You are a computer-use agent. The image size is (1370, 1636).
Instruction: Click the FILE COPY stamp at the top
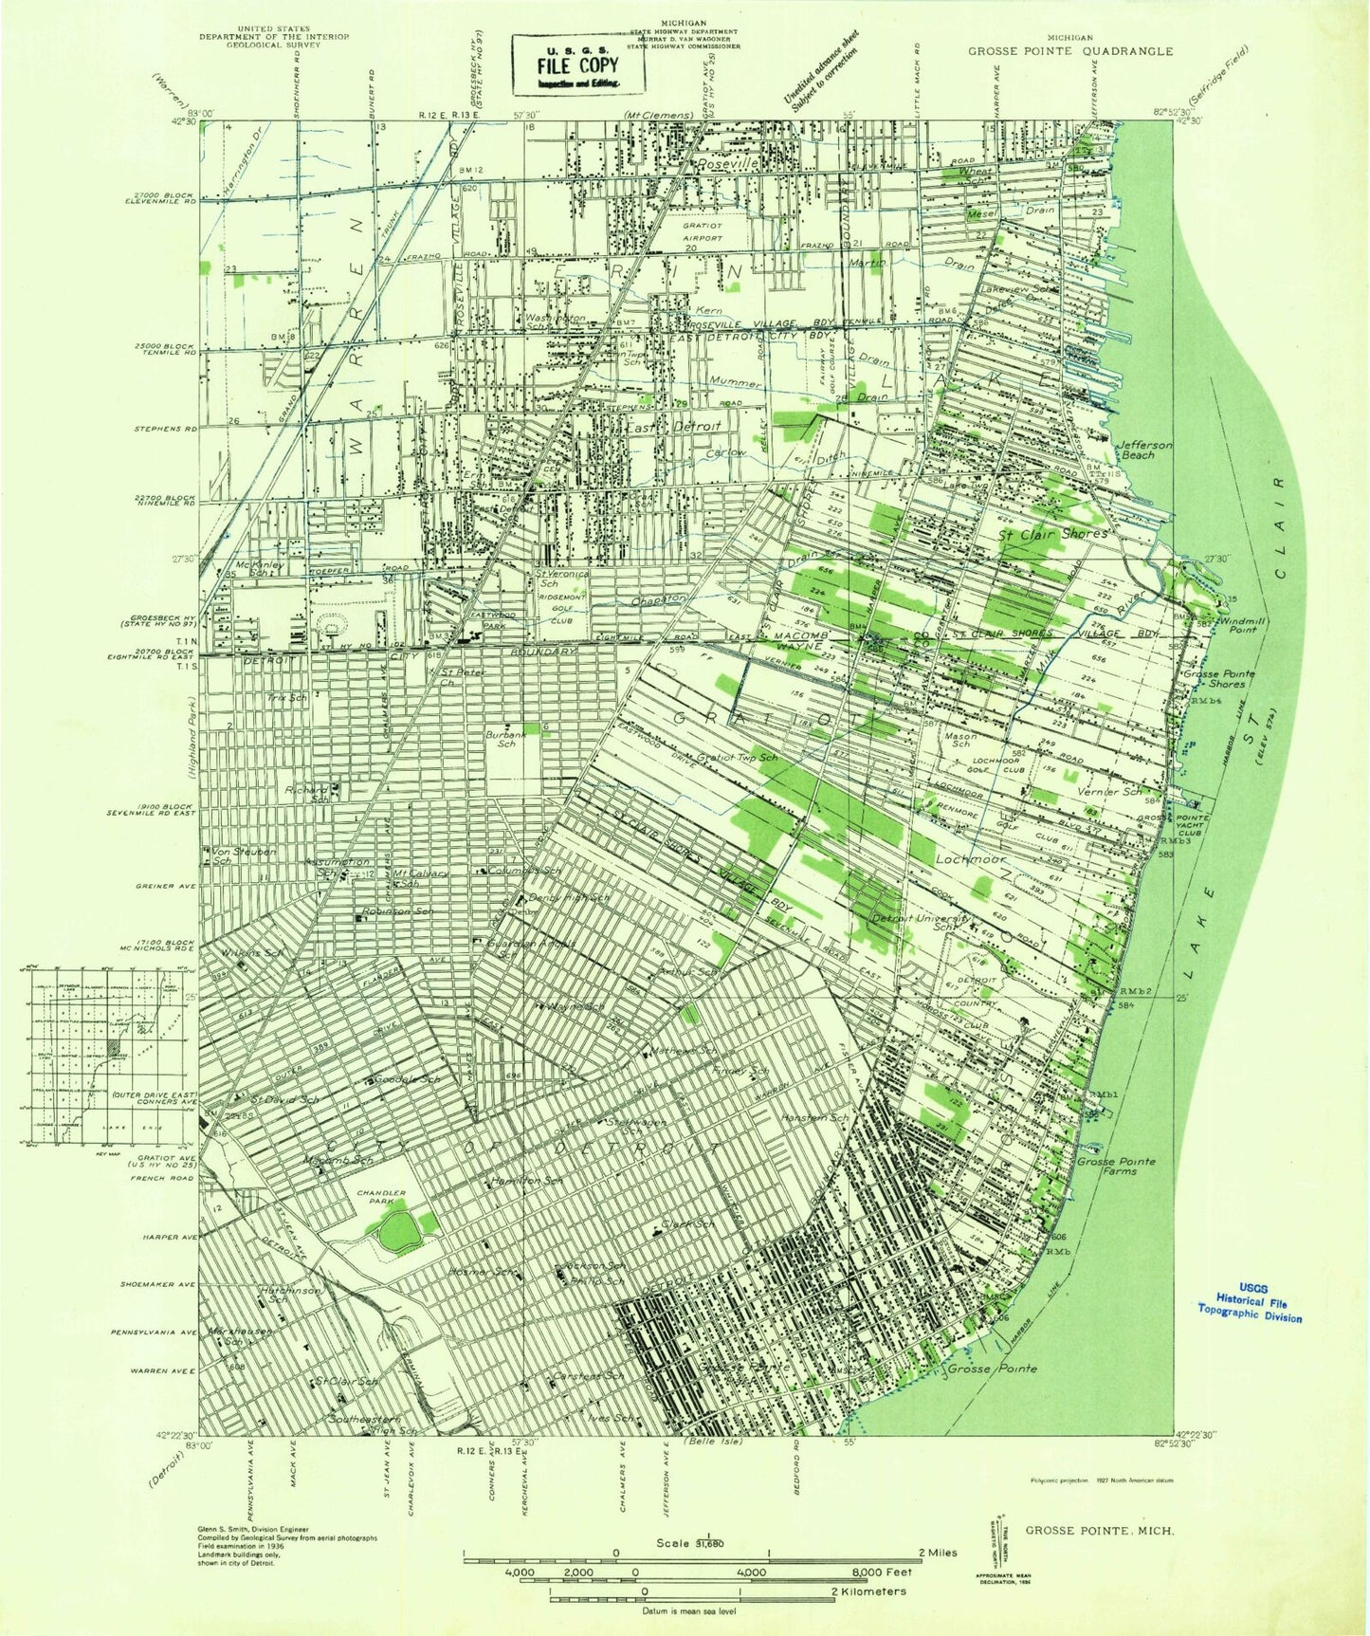point(577,65)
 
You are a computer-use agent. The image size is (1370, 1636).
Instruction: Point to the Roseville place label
point(727,164)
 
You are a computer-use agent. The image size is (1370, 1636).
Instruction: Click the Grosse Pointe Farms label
point(1115,1167)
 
